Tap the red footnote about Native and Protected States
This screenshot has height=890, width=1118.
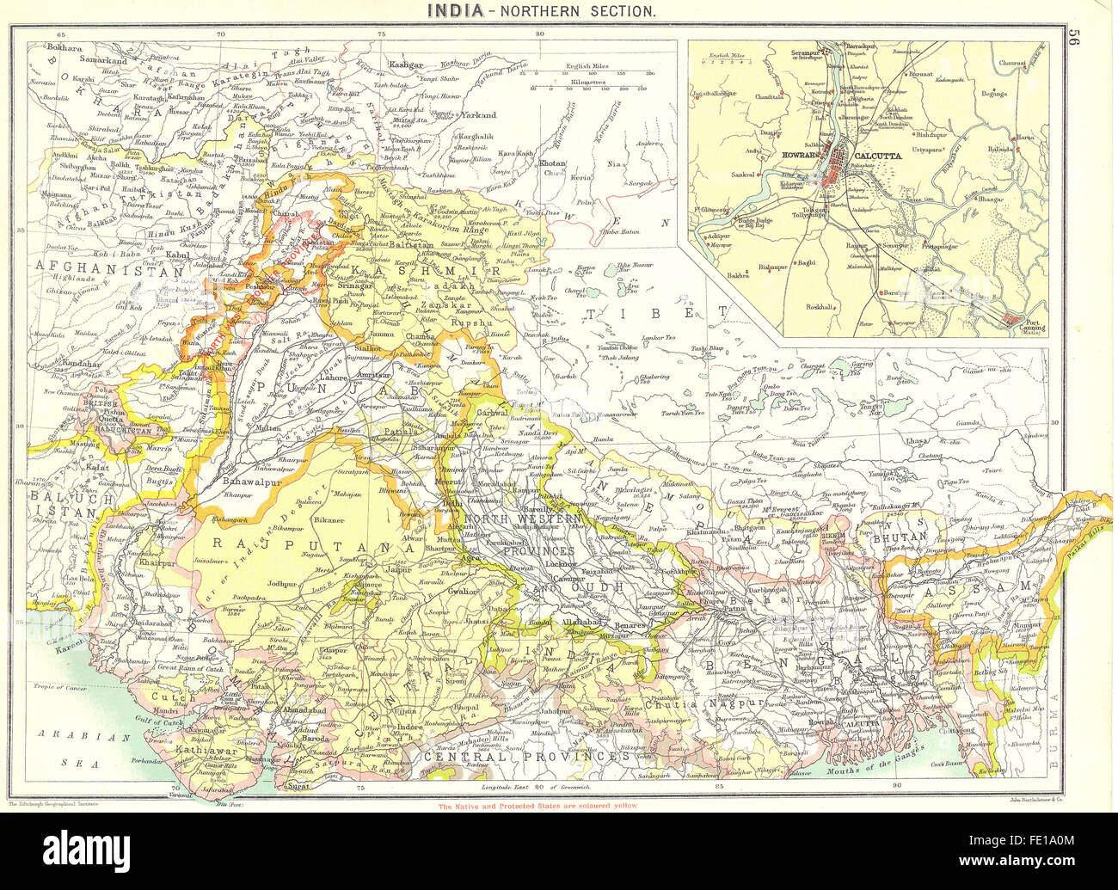tap(538, 807)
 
